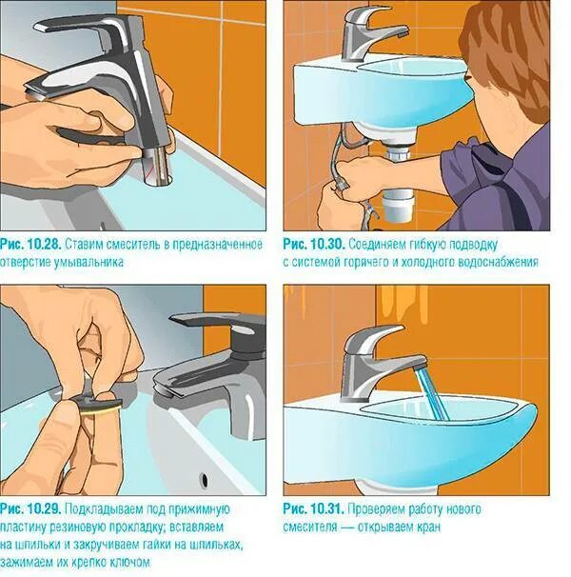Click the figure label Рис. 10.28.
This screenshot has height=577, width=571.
[x=30, y=245]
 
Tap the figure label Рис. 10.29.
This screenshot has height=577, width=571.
[x=30, y=509]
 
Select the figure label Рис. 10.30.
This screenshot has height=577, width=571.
[x=314, y=245]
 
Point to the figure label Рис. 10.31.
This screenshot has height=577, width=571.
[x=313, y=509]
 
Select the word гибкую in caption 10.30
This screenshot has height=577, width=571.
[x=418, y=245]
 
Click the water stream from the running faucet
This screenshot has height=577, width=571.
[x=431, y=394]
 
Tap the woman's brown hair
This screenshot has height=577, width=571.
[x=508, y=55]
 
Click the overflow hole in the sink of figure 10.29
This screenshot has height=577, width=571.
[x=205, y=480]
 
